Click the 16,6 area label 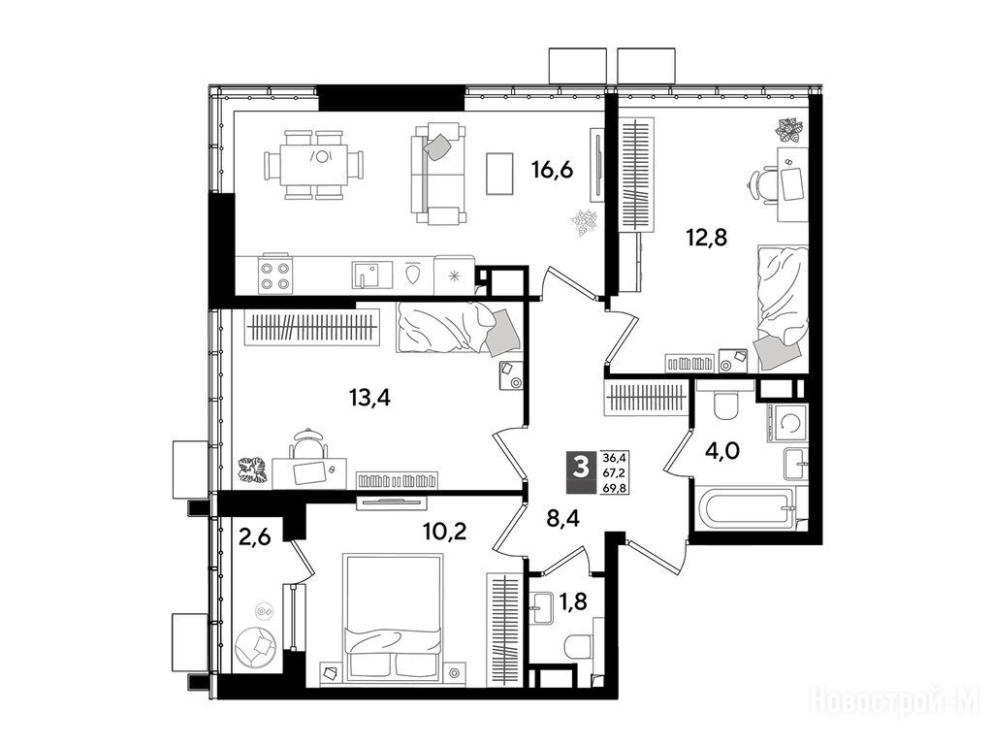[x=552, y=171]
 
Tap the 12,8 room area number [x=706, y=239]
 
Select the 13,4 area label [x=369, y=398]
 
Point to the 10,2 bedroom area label [x=445, y=531]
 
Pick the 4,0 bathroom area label [x=723, y=452]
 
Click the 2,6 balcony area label [x=255, y=537]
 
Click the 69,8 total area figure [x=613, y=487]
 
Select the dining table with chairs [x=314, y=165]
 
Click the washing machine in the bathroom [x=786, y=423]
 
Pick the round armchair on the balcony [x=256, y=646]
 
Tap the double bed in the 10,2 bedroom [x=391, y=620]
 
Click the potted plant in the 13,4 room [x=253, y=471]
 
